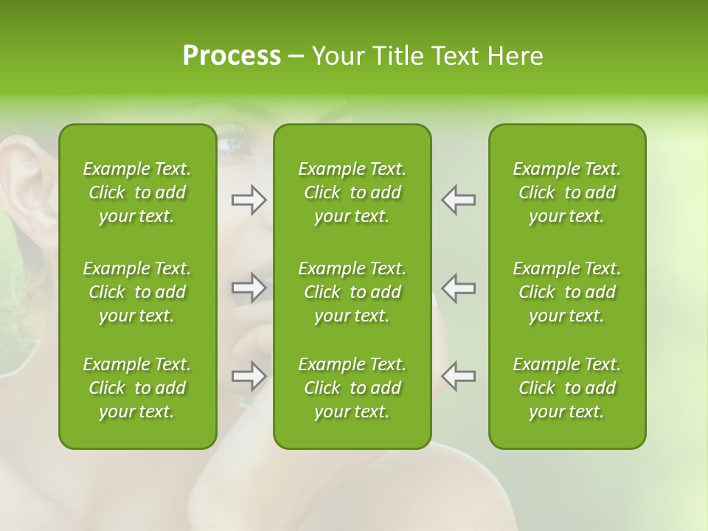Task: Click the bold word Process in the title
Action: pos(232,56)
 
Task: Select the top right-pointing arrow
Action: pos(249,200)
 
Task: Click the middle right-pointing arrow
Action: pos(249,287)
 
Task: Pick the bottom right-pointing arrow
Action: pos(249,376)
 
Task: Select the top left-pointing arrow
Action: pos(458,200)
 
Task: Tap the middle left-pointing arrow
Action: pos(458,287)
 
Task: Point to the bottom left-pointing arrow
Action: pos(458,376)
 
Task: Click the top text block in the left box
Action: pos(137,192)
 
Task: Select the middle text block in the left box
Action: pos(137,292)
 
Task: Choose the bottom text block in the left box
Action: pos(137,388)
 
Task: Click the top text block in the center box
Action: pos(352,192)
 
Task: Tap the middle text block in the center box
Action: pos(352,292)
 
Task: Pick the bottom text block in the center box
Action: pos(352,388)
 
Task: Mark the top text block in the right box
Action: pos(566,192)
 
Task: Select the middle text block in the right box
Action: pos(566,292)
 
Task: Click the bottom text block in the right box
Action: pos(566,388)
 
